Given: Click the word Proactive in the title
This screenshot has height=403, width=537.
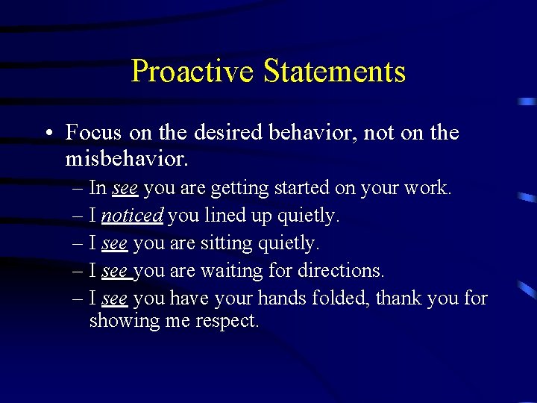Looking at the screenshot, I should coord(192,72).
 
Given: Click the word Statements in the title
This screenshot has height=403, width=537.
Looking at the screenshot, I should coord(334,72).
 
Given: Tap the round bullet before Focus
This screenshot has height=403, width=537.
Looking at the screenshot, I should coord(47,134).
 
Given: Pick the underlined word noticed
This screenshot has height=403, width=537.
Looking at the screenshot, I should coord(132,216).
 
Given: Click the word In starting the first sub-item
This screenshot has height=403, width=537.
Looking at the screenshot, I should coord(98,189).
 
